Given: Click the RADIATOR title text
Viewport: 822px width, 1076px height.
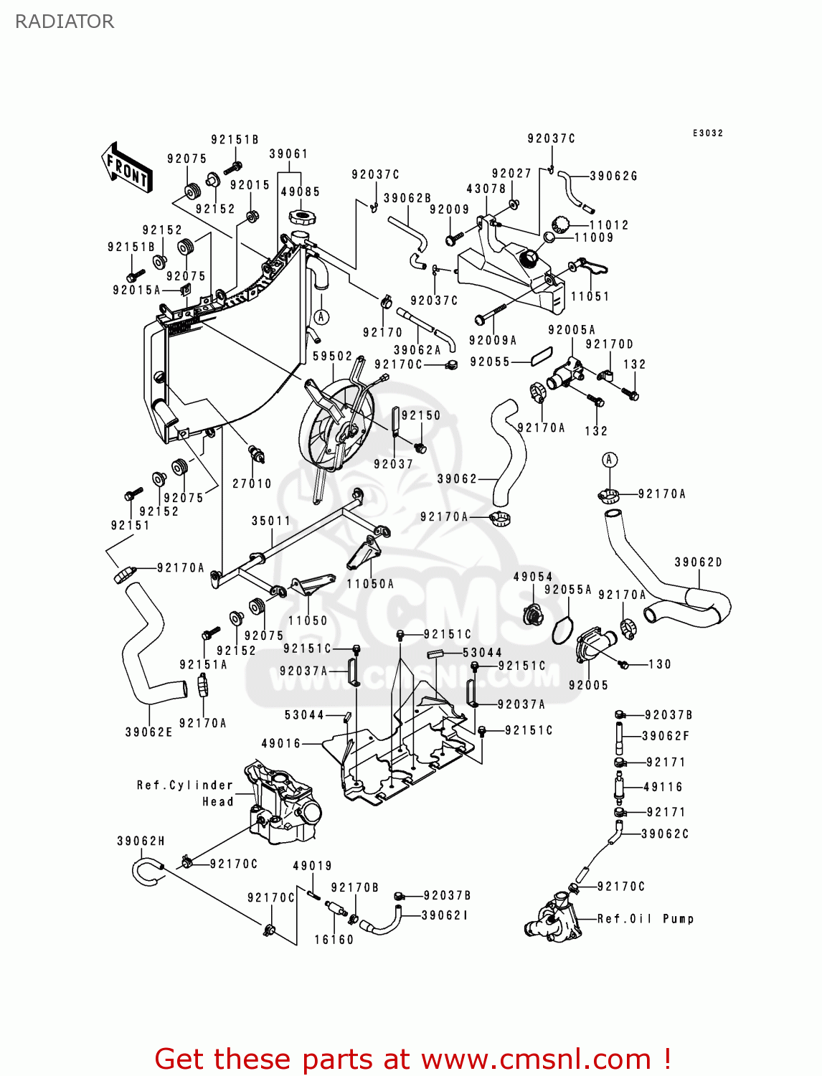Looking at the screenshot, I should [x=65, y=22].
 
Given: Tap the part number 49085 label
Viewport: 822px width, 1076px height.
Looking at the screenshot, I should [x=300, y=192].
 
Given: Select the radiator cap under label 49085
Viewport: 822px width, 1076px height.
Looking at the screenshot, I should [x=301, y=216].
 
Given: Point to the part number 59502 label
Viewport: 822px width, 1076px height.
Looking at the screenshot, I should [x=333, y=356].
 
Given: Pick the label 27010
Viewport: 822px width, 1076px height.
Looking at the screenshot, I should [x=252, y=483].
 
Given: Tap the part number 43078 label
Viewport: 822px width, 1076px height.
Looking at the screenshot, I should [x=486, y=189].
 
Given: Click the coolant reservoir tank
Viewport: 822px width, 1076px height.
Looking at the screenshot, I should [x=509, y=276].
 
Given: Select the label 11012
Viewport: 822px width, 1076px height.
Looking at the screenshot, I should [x=609, y=225].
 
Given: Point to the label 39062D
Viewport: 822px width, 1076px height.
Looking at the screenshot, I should [x=698, y=562].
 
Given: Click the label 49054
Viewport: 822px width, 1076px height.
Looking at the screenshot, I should [x=533, y=577].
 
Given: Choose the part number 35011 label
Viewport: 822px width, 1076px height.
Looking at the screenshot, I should [x=271, y=521].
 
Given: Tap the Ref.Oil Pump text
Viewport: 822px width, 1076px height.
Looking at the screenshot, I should [x=646, y=919].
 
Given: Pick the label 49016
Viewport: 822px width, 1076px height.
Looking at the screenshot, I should [x=281, y=743].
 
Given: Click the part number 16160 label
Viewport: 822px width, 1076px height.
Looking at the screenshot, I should [x=334, y=940].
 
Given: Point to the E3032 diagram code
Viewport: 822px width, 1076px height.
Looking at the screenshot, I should [x=708, y=133].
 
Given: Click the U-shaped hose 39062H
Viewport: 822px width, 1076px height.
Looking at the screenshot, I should [x=146, y=872].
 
